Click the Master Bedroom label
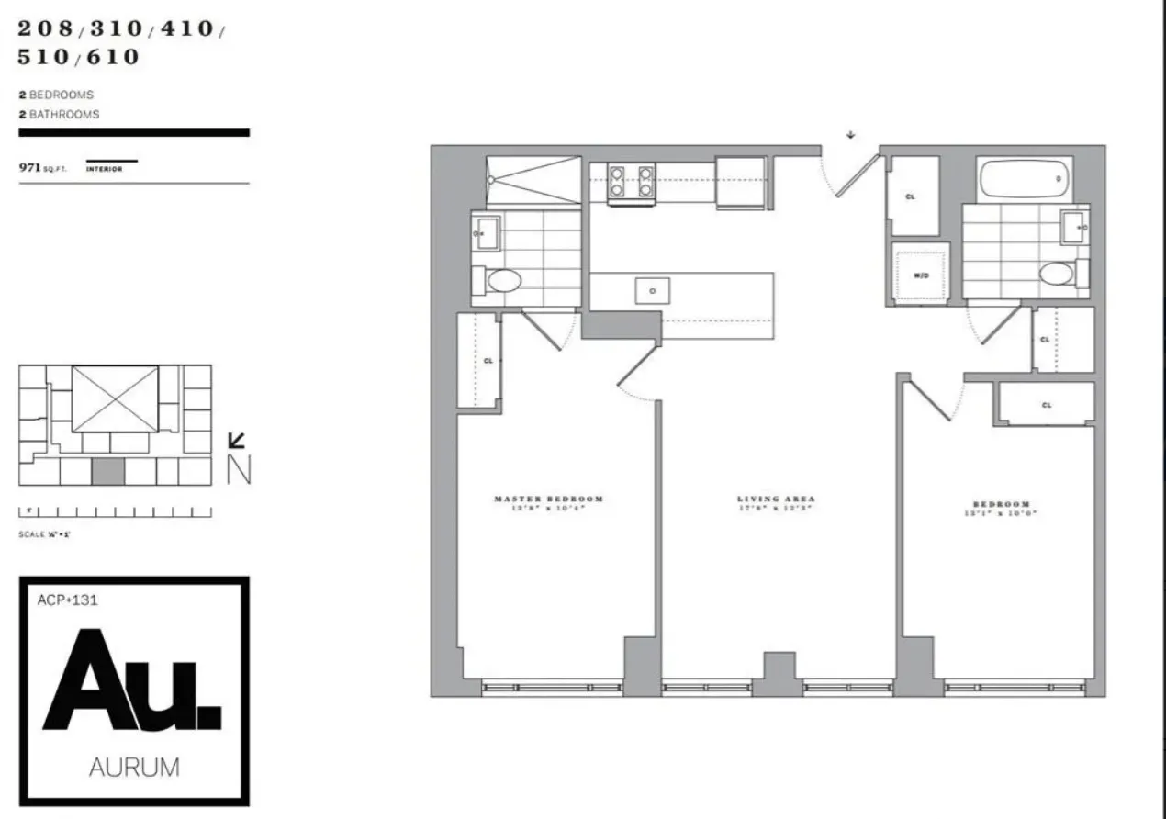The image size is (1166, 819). tap(548, 499)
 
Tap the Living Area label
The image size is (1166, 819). tap(776, 499)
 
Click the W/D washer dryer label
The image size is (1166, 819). tap(920, 275)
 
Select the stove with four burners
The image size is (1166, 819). tap(632, 180)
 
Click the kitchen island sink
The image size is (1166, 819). tap(653, 290)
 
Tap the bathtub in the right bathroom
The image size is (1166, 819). tap(1024, 180)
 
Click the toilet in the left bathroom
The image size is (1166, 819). tap(503, 280)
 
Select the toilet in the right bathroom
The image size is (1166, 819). tap(1058, 273)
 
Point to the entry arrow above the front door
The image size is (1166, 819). tap(851, 135)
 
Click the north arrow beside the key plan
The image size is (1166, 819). tap(237, 442)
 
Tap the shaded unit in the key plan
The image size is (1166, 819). tap(108, 472)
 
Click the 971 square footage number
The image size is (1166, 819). tap(33, 168)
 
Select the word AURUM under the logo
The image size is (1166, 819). tap(134, 768)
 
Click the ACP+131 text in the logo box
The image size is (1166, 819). tap(68, 600)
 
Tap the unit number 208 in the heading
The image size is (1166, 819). tap(43, 28)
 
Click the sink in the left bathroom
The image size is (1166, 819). tap(488, 233)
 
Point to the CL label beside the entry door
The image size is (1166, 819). tap(910, 196)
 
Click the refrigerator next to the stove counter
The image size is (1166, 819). tap(740, 183)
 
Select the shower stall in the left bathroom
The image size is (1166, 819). tap(533, 180)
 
